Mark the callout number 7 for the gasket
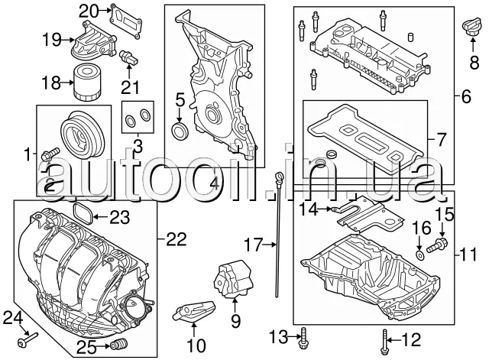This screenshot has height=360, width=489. (x=439, y=140)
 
